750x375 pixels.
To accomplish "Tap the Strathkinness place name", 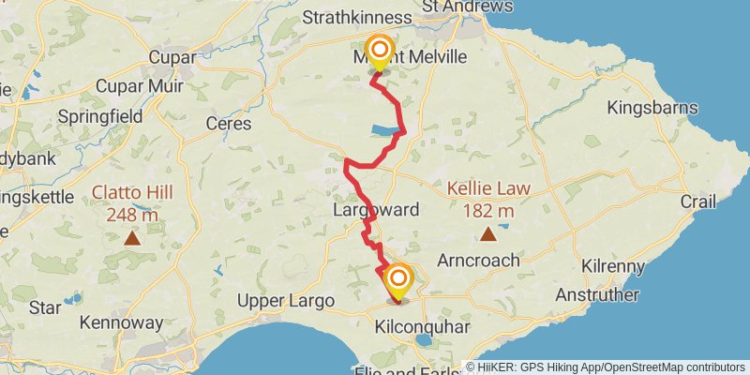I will [357, 18].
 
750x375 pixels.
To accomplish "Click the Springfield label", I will [99, 117].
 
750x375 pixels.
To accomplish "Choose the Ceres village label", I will [229, 123].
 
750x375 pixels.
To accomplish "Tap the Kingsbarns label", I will [648, 108].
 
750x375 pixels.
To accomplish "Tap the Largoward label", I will [376, 210].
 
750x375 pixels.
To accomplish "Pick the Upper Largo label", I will [286, 301].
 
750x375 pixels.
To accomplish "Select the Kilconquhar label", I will [421, 327].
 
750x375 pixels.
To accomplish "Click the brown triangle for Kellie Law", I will [487, 233].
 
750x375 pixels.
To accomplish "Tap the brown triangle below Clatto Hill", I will [133, 238].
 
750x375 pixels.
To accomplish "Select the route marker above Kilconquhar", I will [398, 280].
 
